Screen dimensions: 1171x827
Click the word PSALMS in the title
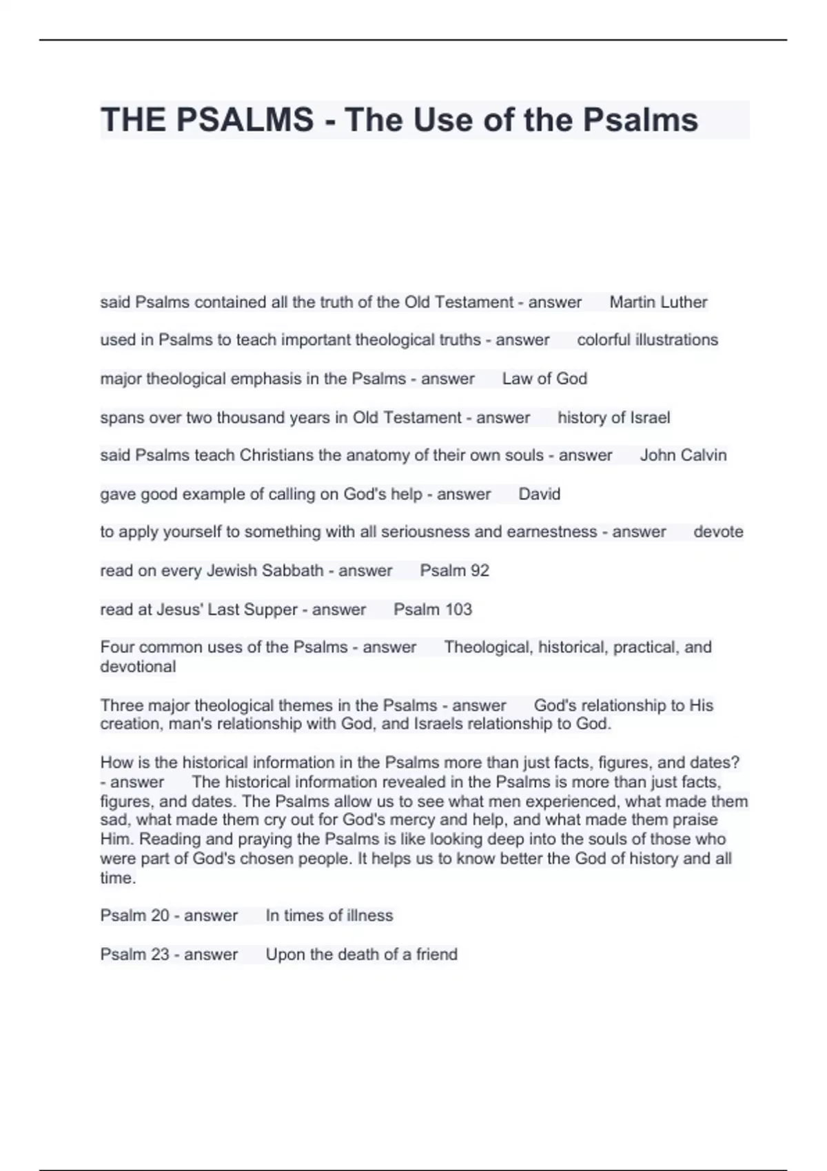pyautogui.click(x=245, y=120)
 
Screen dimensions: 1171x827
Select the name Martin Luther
pyautogui.click(x=658, y=302)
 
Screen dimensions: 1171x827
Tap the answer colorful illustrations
pyautogui.click(x=647, y=340)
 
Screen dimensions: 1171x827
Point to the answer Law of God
pyautogui.click(x=544, y=379)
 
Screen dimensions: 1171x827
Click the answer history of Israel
pyautogui.click(x=613, y=418)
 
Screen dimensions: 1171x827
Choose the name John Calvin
pyautogui.click(x=683, y=455)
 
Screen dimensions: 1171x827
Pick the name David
pyautogui.click(x=539, y=495)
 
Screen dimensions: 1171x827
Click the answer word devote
pyautogui.click(x=718, y=532)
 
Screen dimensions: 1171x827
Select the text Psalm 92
pyautogui.click(x=454, y=571)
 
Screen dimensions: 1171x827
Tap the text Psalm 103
pyautogui.click(x=433, y=610)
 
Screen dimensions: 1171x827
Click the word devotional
pyautogui.click(x=138, y=667)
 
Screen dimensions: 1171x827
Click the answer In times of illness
pyautogui.click(x=329, y=915)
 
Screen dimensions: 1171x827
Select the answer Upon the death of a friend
pyautogui.click(x=361, y=955)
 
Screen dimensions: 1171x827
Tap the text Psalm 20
pyautogui.click(x=134, y=915)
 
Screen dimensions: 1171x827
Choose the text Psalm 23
pyautogui.click(x=134, y=955)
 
